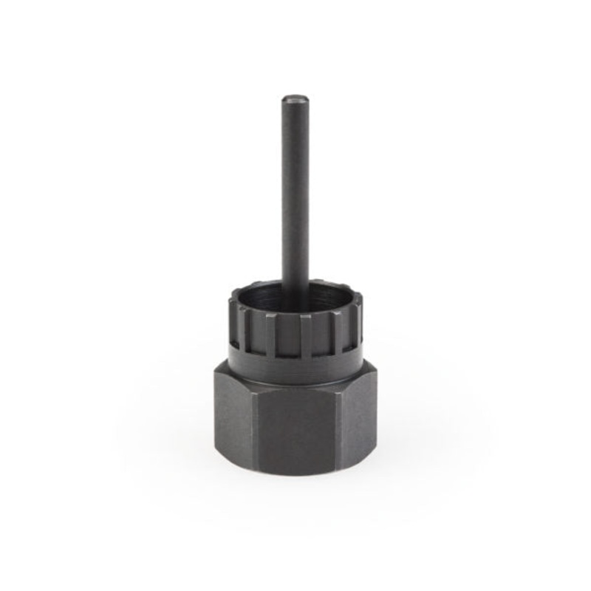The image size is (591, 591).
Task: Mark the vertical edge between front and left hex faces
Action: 252,428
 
